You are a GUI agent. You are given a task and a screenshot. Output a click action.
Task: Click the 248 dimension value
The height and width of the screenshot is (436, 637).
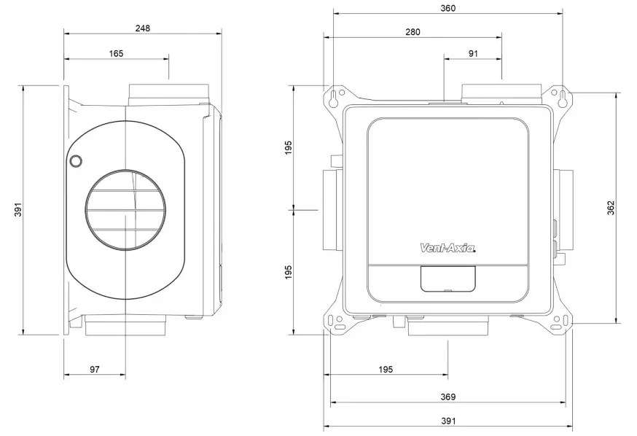[x=142, y=28]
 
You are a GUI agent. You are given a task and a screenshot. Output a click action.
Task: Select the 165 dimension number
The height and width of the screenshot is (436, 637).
[x=116, y=52]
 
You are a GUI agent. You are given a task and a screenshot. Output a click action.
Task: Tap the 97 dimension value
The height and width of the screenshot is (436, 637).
[x=95, y=370]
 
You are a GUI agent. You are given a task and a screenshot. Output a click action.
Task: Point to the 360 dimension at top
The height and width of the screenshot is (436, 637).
[x=448, y=8]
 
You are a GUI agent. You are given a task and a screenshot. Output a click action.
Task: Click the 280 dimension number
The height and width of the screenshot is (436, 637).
[x=413, y=32]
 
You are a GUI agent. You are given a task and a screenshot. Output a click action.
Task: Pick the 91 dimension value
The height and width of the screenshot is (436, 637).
[x=473, y=52]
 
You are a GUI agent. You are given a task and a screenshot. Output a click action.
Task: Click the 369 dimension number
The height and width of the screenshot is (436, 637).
[x=448, y=397]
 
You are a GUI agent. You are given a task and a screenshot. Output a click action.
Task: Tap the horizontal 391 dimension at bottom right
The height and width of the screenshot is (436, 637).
[x=448, y=421]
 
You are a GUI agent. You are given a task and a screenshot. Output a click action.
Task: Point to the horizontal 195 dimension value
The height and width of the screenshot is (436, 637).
[x=386, y=370]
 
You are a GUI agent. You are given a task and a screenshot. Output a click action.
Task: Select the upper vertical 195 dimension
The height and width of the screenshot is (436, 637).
[x=289, y=147]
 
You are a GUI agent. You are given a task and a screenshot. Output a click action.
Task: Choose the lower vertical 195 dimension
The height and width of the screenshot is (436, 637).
[x=289, y=272]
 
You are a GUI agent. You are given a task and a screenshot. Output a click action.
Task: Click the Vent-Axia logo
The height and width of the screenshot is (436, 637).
[x=448, y=249]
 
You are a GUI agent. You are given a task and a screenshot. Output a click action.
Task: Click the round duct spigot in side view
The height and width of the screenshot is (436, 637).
[x=125, y=210]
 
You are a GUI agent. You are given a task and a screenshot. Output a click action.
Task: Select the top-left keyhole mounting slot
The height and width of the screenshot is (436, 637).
[x=335, y=98]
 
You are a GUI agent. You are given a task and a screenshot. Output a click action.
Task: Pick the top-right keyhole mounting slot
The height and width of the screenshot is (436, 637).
[x=562, y=98]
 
